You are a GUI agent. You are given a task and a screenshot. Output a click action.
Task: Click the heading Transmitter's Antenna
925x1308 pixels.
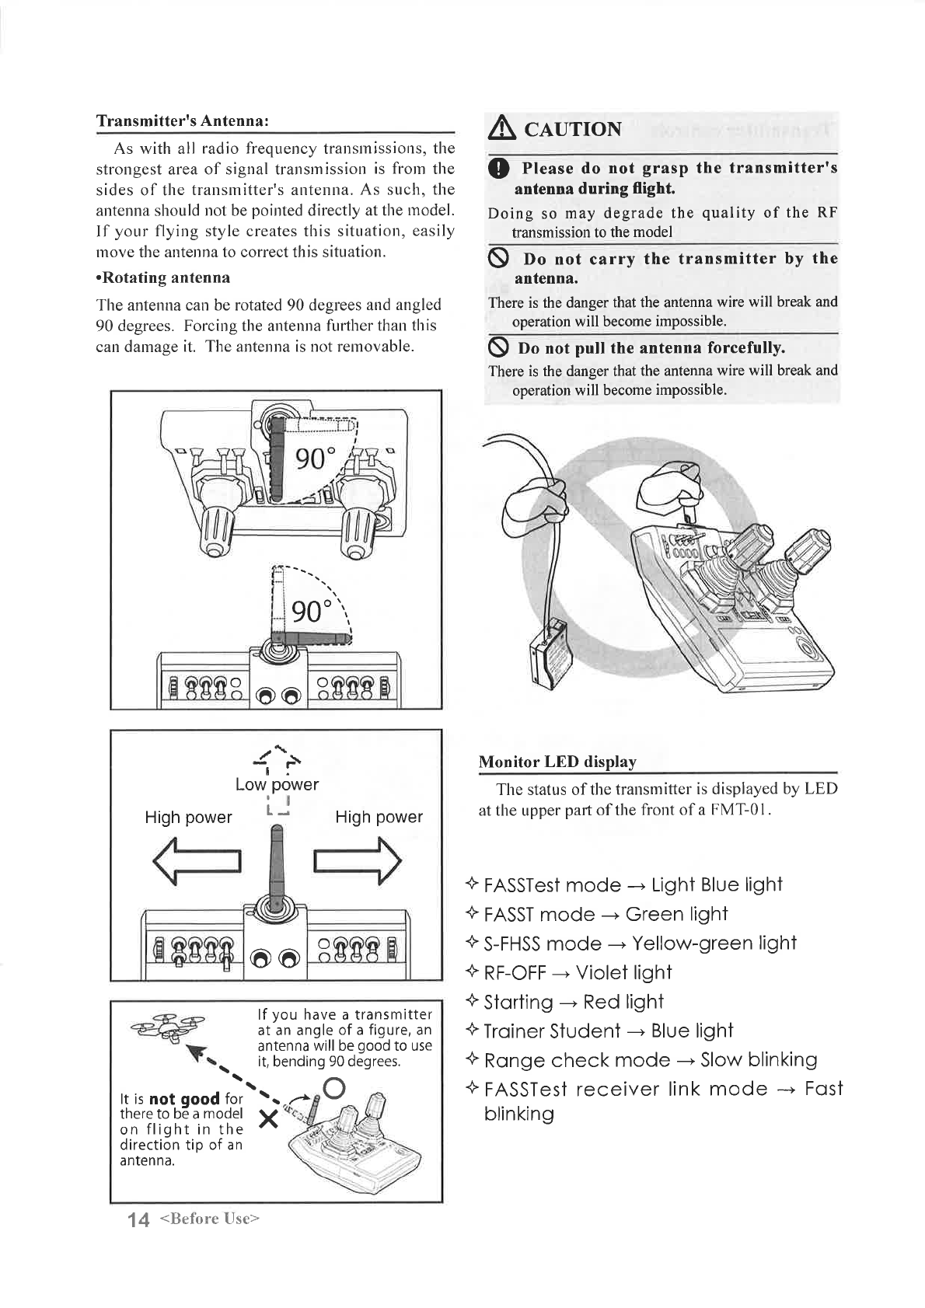tap(183, 121)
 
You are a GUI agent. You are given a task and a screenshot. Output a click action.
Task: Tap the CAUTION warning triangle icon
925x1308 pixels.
tap(501, 128)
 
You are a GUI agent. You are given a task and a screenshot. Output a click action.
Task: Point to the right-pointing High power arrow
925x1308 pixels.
tap(357, 863)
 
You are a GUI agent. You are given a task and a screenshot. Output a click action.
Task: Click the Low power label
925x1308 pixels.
tap(277, 784)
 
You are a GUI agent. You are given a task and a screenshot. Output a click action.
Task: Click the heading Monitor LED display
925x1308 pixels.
tap(557, 762)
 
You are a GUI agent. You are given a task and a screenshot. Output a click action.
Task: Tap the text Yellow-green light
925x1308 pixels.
tap(714, 944)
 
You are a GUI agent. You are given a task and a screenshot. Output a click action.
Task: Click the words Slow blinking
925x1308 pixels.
tap(759, 1060)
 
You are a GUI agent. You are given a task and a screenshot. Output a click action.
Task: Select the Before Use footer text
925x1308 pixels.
tap(208, 1219)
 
